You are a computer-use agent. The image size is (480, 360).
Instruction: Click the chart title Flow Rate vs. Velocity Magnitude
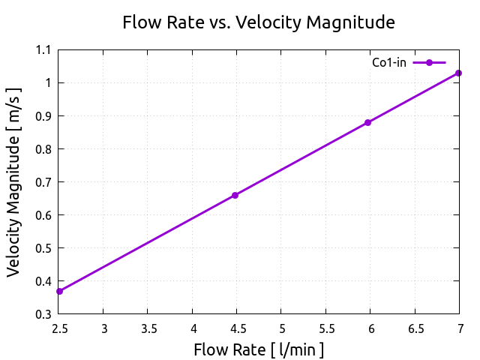(x=258, y=23)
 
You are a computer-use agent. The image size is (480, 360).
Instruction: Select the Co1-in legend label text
(x=389, y=62)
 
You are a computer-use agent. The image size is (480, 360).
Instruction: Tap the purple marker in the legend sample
(x=429, y=62)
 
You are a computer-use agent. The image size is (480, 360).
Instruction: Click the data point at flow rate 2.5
(x=59, y=291)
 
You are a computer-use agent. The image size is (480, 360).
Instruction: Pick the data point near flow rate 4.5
(x=235, y=195)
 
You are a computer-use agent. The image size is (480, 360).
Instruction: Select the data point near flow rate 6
(x=367, y=122)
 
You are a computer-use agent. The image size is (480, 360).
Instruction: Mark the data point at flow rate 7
(x=458, y=73)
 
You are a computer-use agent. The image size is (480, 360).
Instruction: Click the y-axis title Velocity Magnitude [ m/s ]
(x=15, y=181)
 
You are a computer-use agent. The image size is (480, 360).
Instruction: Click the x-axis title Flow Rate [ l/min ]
(x=259, y=349)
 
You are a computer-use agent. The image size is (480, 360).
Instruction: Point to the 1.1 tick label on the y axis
(x=43, y=50)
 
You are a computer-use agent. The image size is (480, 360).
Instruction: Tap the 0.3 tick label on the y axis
(x=43, y=314)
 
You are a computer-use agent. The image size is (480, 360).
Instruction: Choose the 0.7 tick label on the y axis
(x=43, y=182)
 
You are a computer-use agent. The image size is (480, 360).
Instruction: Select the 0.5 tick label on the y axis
(x=43, y=248)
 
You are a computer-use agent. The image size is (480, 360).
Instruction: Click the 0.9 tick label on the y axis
(x=43, y=116)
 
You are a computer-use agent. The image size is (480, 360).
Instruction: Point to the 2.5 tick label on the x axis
(x=59, y=328)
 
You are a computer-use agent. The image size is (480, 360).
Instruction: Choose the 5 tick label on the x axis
(x=281, y=328)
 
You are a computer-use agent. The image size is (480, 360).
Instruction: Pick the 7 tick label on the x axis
(x=459, y=328)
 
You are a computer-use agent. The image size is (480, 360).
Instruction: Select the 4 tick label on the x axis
(x=193, y=328)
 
